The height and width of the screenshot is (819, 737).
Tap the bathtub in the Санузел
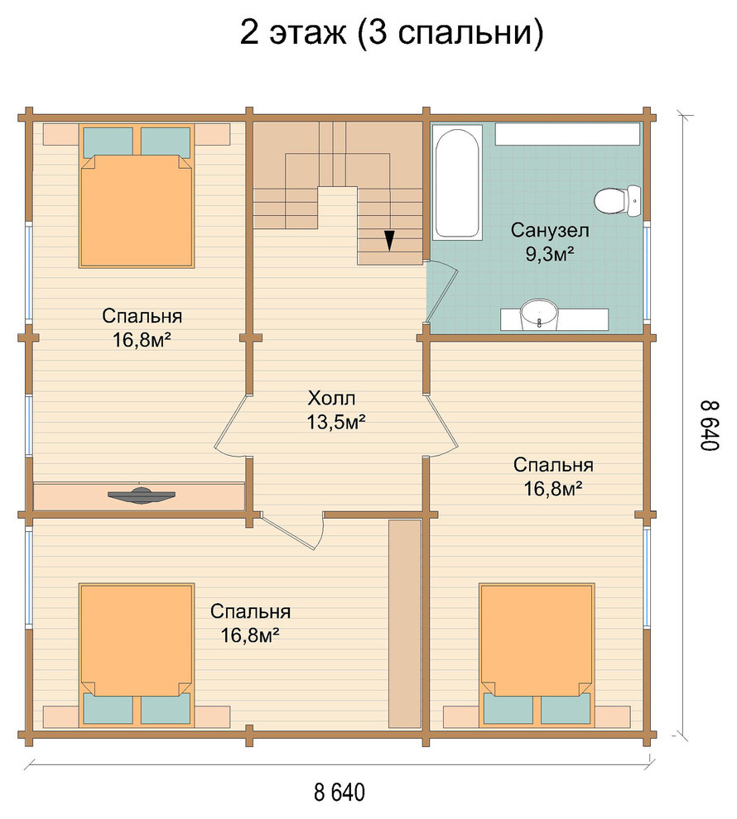pyautogui.click(x=456, y=183)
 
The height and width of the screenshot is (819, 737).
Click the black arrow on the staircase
pyautogui.click(x=389, y=240)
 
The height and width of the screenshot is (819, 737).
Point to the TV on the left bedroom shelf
pyautogui.click(x=141, y=496)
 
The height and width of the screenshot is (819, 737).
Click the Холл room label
pyautogui.click(x=331, y=399)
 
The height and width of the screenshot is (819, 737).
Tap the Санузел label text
pyautogui.click(x=550, y=230)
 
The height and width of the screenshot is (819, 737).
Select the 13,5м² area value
pyautogui.click(x=335, y=422)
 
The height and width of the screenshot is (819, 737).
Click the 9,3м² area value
pyautogui.click(x=550, y=254)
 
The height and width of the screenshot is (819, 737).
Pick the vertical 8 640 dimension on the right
pyautogui.click(x=711, y=425)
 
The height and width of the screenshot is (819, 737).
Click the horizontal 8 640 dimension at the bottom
pyautogui.click(x=340, y=792)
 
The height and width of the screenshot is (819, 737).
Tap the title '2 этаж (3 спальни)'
pyautogui.click(x=392, y=33)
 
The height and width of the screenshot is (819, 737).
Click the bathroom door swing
pyautogui.click(x=443, y=291)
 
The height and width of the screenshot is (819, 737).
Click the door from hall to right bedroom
pyautogui.click(x=442, y=424)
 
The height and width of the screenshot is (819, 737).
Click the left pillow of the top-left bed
pyautogui.click(x=108, y=141)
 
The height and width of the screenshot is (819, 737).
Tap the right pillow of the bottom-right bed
pyautogui.click(x=566, y=708)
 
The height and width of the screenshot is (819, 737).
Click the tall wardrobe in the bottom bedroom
pyautogui.click(x=405, y=623)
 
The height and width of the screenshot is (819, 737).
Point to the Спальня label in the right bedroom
pyautogui.click(x=553, y=464)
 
